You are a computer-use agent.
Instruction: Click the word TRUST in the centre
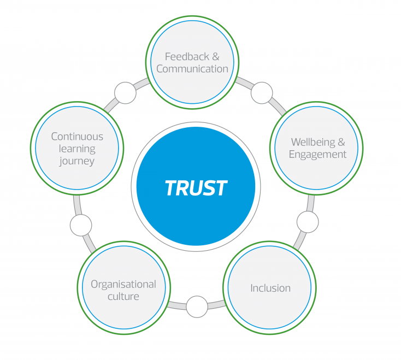[196, 188]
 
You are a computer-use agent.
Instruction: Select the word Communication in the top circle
[192, 69]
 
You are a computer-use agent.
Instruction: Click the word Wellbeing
[312, 142]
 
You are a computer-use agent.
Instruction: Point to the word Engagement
[317, 155]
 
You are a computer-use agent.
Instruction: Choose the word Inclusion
[270, 288]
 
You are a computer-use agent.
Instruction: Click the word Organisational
[123, 284]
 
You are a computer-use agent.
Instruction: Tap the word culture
[123, 297]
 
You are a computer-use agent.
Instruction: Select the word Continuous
[77, 137]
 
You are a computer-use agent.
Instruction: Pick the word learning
[77, 149]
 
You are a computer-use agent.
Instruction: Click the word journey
[77, 161]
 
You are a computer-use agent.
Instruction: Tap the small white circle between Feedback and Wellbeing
[262, 93]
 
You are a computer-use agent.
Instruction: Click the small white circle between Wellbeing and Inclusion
[308, 222]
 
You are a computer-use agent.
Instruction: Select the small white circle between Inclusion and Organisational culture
[197, 306]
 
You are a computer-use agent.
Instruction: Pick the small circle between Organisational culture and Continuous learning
[81, 225]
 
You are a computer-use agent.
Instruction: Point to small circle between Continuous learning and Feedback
[125, 93]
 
